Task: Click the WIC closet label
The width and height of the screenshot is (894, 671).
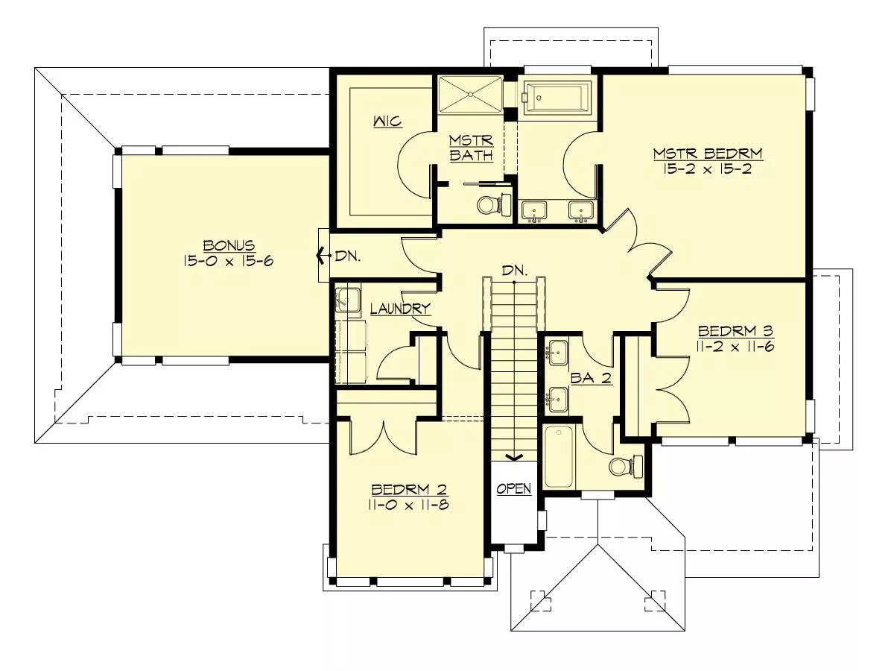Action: [387, 121]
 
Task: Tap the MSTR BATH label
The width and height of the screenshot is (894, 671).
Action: [472, 148]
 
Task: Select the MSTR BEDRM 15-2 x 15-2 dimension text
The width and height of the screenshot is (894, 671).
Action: [708, 168]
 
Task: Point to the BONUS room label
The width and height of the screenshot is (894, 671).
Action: [229, 245]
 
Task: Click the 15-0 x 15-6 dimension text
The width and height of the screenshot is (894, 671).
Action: [228, 261]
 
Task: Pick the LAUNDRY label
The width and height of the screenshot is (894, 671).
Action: [400, 309]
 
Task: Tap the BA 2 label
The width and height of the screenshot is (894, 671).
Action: [591, 379]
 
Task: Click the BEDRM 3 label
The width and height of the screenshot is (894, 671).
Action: [735, 331]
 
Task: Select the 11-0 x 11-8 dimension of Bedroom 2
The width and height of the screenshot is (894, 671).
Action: [409, 505]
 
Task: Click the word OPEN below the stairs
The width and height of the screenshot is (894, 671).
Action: [514, 489]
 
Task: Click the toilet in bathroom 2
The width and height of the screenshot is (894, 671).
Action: [626, 467]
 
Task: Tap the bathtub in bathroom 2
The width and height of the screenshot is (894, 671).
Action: [559, 456]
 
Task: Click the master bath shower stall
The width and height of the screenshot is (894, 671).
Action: [470, 94]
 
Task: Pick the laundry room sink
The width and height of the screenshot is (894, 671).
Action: [347, 300]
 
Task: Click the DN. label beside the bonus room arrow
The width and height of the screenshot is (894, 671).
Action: [347, 256]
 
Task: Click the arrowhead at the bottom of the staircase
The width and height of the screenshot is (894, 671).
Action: [514, 458]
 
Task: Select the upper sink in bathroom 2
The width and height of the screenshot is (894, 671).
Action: [557, 353]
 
